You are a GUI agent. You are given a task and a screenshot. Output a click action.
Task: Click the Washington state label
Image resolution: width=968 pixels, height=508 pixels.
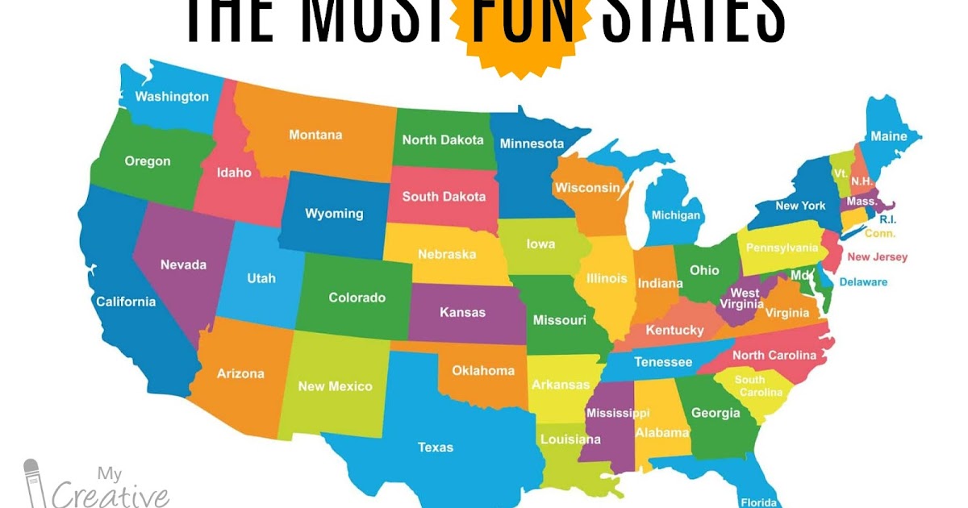point(172,97)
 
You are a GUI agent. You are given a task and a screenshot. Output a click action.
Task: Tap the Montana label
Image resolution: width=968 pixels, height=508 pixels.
point(315,135)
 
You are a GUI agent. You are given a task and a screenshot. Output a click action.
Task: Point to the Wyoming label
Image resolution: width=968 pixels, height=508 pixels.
point(334,214)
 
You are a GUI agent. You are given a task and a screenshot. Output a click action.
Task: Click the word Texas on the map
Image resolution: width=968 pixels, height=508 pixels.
point(436,447)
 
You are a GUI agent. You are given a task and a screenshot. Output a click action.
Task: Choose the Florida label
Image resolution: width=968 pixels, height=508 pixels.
point(758,500)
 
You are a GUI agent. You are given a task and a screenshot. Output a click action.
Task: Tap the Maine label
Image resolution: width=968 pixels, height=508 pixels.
point(888,136)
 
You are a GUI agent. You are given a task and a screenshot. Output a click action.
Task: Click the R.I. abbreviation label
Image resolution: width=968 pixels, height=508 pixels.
point(887,219)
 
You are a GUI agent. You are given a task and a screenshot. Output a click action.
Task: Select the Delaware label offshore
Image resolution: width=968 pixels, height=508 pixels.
point(863,282)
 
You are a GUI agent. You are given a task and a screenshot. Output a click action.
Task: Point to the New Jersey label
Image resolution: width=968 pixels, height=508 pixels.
point(877,257)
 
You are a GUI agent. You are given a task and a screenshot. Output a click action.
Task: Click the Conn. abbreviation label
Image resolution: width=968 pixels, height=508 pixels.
point(879,234)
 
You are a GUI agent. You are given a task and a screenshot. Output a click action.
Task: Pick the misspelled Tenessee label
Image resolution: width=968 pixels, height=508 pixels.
point(663,362)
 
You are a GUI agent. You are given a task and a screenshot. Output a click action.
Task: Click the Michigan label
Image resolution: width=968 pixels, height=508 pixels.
point(676,215)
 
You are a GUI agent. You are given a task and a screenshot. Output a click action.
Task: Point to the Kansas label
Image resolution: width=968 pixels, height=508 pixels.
point(462,312)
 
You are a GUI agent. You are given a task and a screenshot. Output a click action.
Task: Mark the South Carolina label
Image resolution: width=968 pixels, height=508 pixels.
point(758,385)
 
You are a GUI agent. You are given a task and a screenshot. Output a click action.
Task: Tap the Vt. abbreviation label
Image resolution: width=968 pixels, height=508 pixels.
point(840,173)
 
